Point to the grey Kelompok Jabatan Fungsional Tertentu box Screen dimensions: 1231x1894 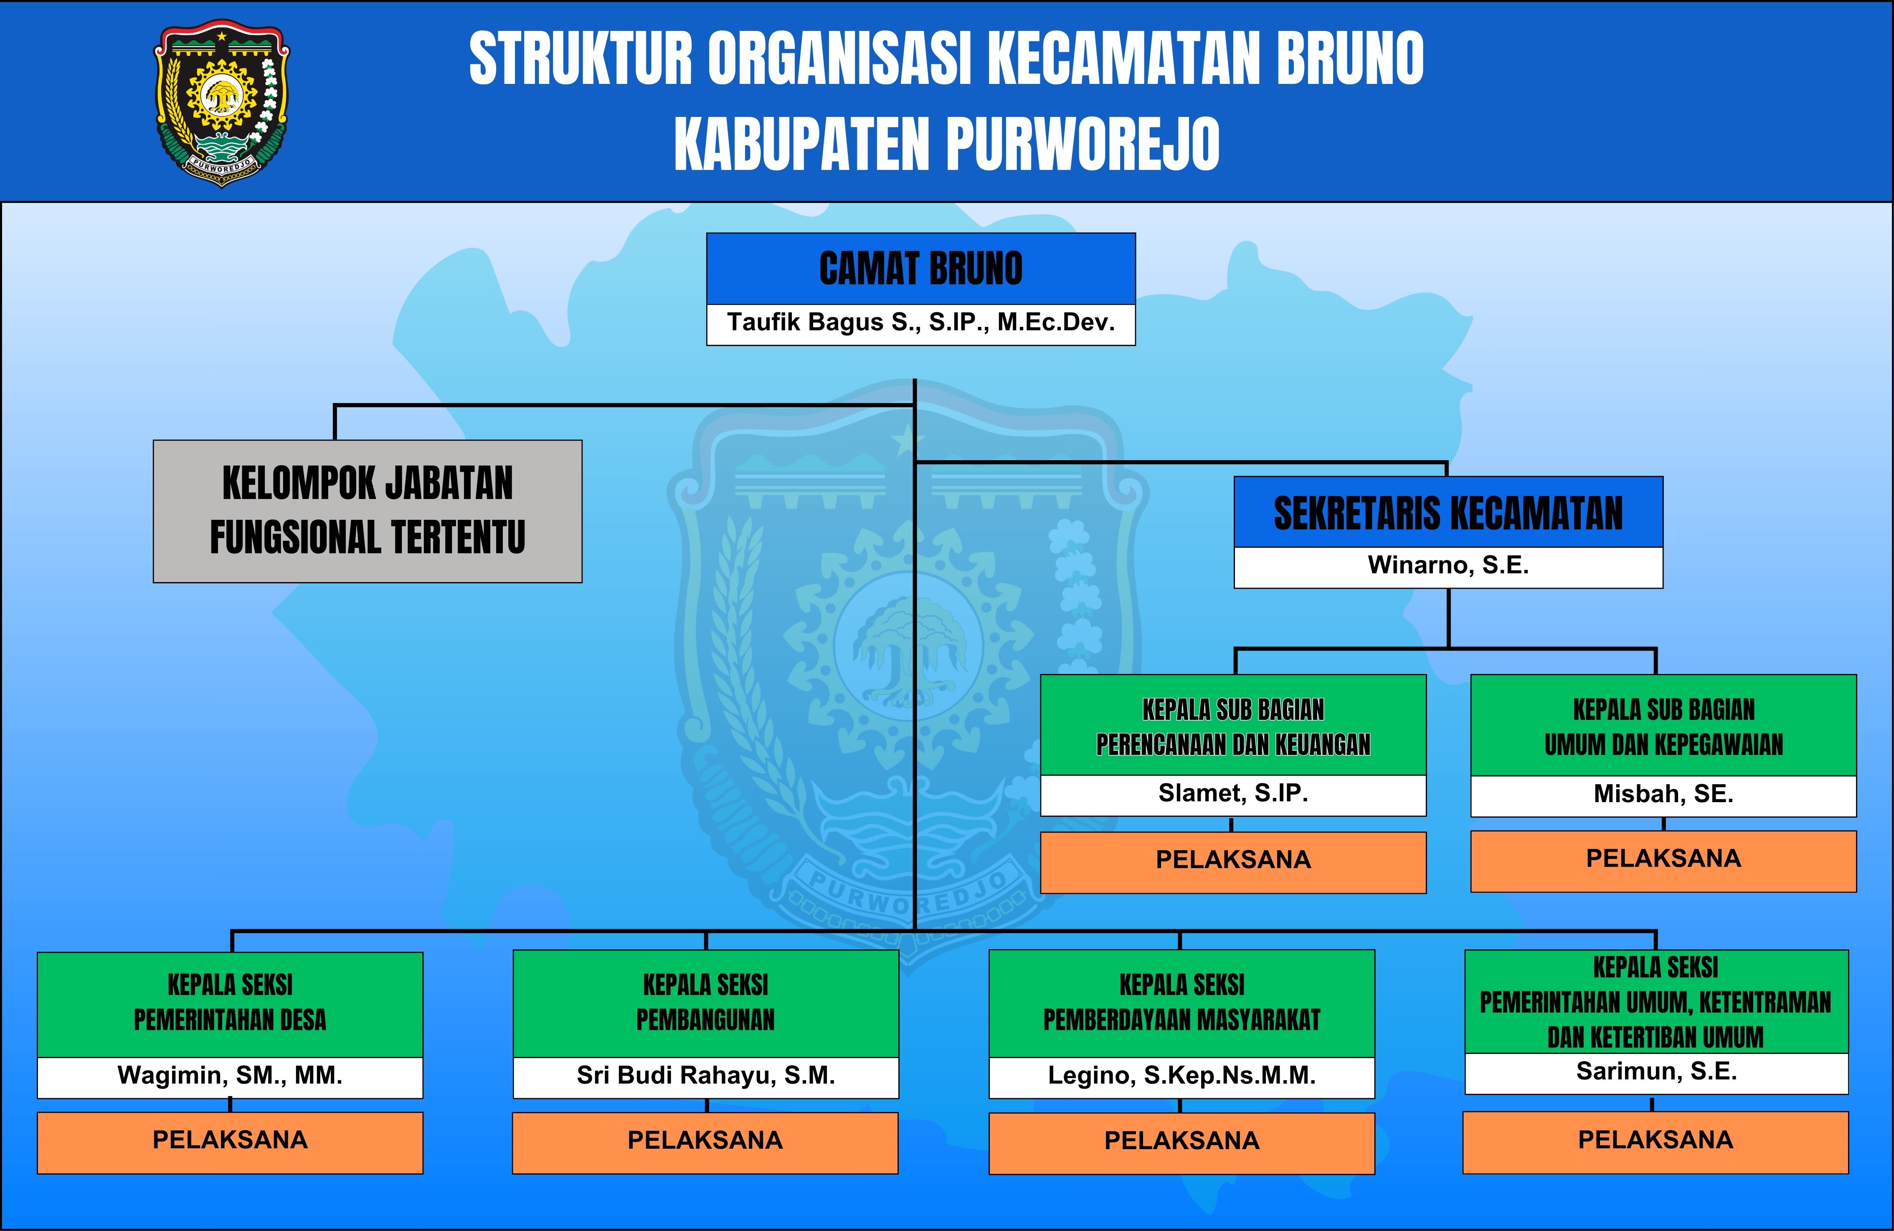click(368, 511)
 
